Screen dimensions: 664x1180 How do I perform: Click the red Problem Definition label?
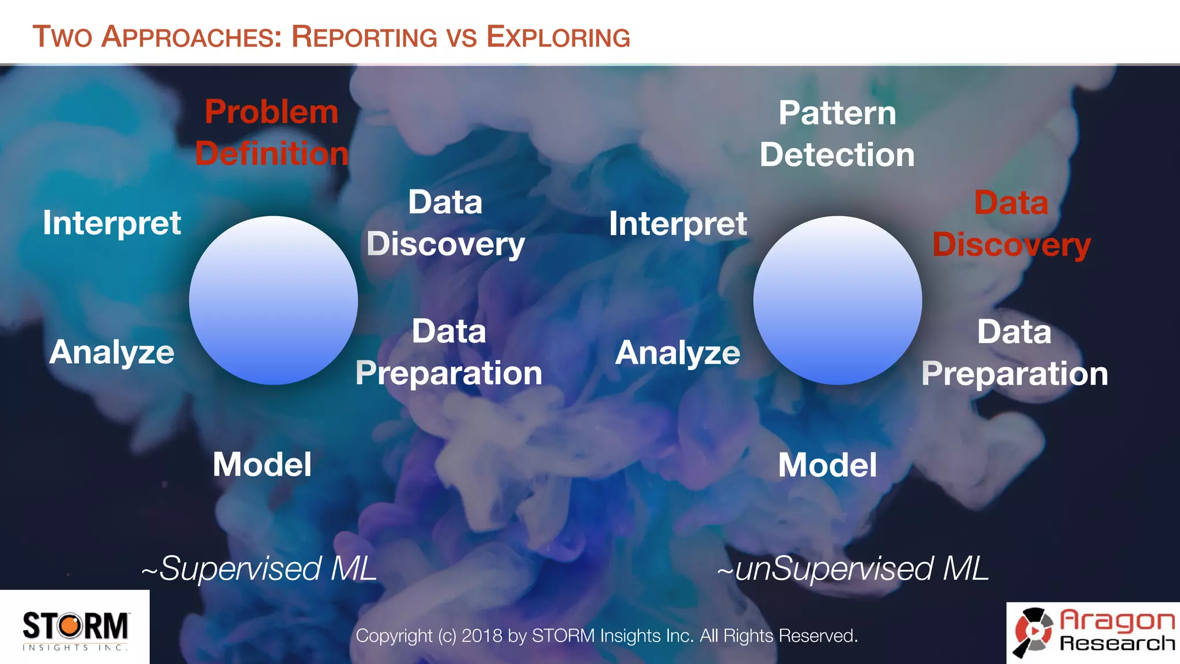coord(271,133)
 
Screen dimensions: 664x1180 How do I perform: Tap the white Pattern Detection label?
coord(837,134)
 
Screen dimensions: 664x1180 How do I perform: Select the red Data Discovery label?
coord(1011,224)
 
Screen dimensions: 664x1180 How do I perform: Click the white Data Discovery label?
coord(445,223)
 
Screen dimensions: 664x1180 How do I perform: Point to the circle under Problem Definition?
coord(273,300)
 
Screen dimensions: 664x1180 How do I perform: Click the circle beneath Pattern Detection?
coord(837,300)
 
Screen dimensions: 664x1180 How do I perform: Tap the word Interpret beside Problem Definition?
coord(112,223)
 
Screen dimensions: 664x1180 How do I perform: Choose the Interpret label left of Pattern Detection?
coord(678,224)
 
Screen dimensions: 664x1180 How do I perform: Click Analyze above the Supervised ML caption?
coord(112,352)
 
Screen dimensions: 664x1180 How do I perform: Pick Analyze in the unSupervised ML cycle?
coord(678,353)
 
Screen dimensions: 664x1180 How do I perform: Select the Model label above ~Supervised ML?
coord(262,465)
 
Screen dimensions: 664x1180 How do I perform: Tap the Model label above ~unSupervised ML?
coord(827,465)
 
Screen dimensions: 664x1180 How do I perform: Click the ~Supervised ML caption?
coord(259,569)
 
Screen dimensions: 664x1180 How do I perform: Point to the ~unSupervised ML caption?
coord(853,569)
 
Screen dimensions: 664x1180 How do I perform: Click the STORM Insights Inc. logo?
coord(75,629)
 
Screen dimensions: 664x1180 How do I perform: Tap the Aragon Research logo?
coord(1094,633)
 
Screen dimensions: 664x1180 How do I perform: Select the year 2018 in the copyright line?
coord(482,636)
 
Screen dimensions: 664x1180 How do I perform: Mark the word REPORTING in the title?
coord(364,37)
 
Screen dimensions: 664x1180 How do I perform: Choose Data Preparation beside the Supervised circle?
coord(449,352)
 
